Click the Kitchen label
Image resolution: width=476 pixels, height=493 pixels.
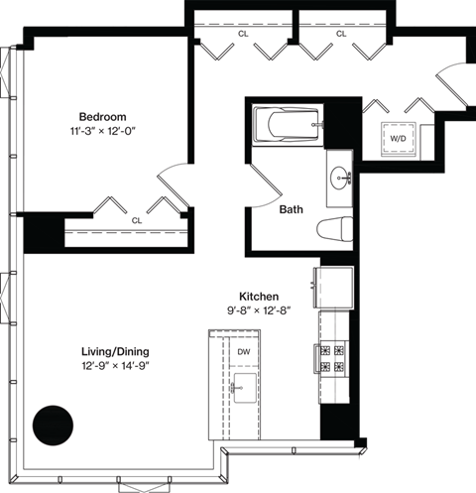[x=258, y=296]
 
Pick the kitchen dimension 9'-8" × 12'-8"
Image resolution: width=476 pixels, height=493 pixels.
[x=258, y=310]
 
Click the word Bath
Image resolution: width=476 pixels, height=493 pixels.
[x=291, y=209]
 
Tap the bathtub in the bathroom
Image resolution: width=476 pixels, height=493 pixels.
[x=286, y=126]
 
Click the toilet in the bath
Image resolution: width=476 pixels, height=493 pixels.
[x=335, y=230]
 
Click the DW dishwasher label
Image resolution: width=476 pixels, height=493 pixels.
[x=243, y=351]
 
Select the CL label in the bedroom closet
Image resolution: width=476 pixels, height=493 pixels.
[x=136, y=221]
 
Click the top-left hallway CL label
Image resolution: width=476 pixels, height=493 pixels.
[x=242, y=34]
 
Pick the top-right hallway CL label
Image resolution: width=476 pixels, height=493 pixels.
[x=341, y=34]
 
